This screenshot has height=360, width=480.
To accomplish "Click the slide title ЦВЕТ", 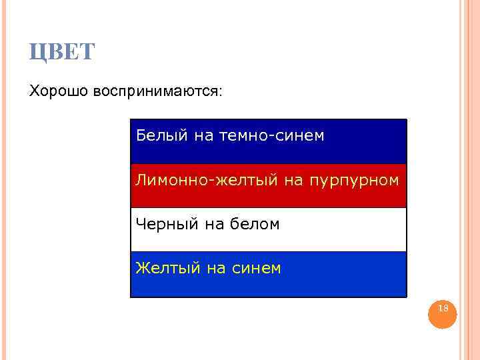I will coord(63,51).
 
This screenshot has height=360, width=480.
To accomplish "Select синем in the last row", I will coord(257,269).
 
